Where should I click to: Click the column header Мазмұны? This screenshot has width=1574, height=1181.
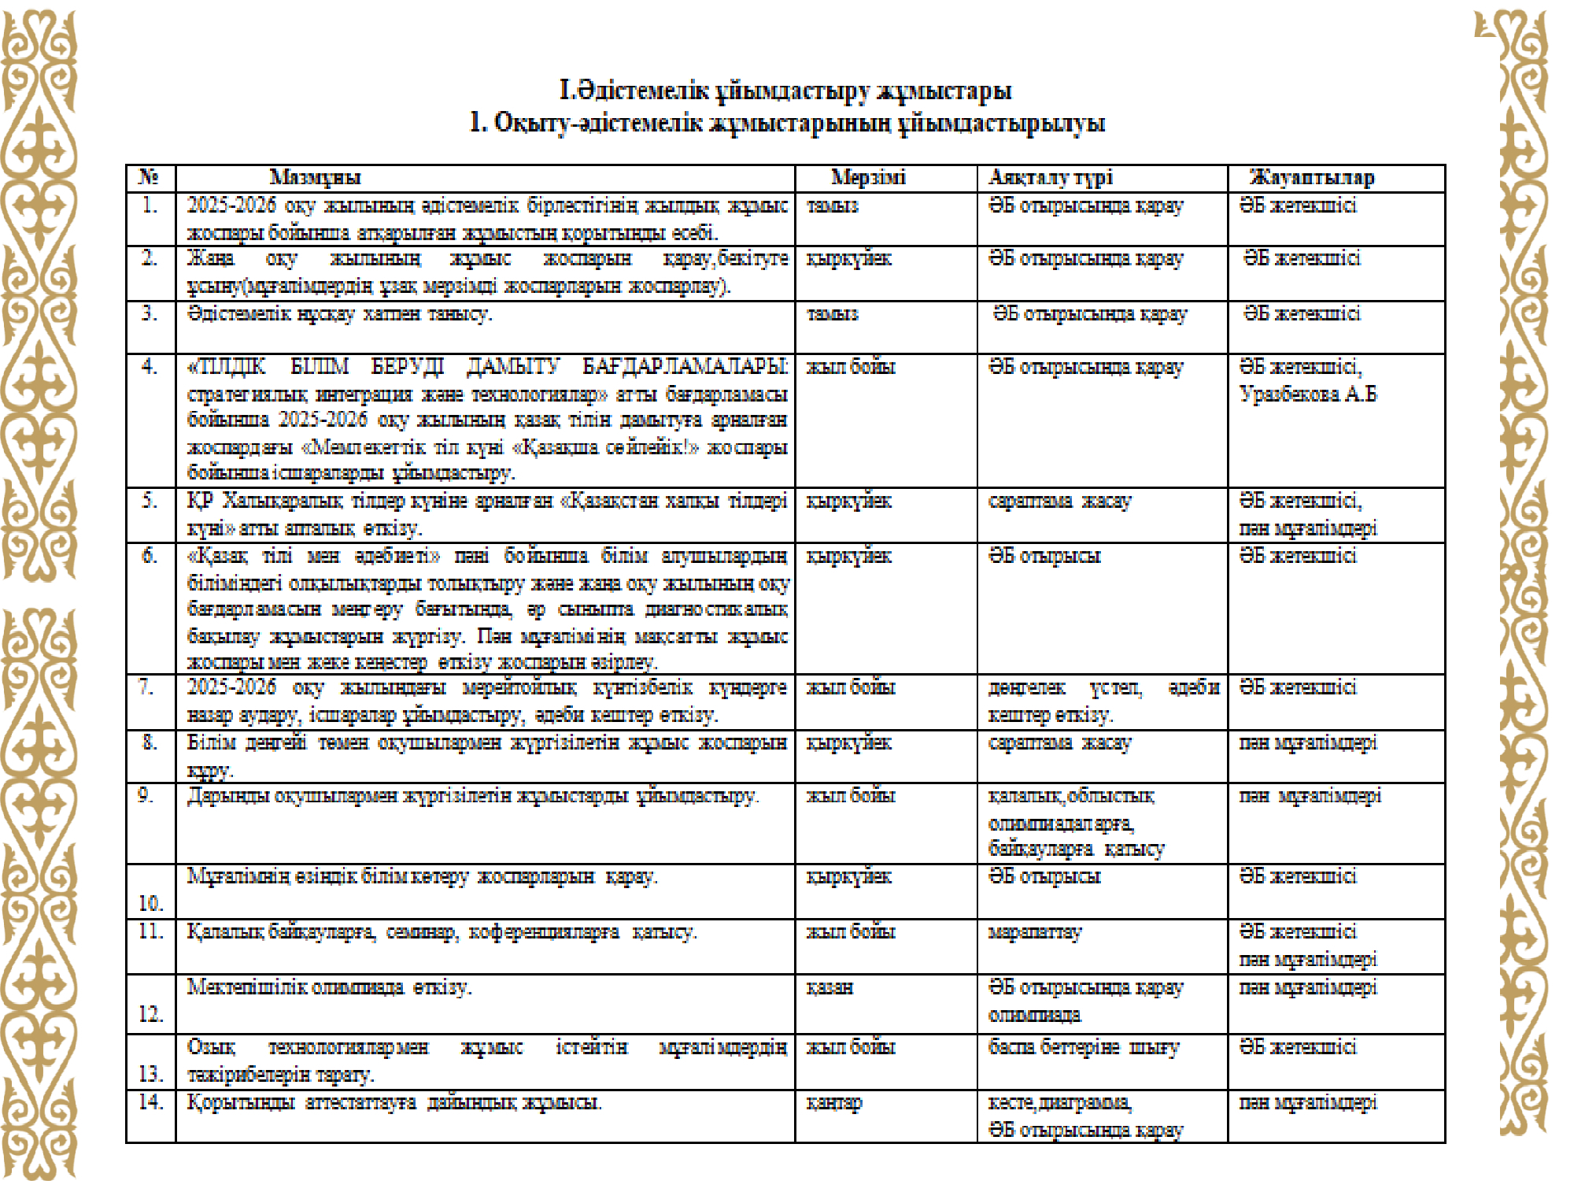pos(315,177)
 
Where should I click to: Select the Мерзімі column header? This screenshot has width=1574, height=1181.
pos(868,177)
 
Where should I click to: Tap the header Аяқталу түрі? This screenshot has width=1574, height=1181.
pos(1051,177)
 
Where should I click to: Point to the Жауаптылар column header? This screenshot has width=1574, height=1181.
pos(1312,177)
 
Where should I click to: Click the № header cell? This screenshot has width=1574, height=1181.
pos(149,177)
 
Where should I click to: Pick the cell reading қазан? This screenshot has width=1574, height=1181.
pos(829,987)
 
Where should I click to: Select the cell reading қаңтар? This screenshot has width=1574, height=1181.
pos(834,1102)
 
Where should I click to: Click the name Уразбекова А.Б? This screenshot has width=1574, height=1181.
pos(1308,394)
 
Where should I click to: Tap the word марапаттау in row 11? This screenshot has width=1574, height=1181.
pos(1035,932)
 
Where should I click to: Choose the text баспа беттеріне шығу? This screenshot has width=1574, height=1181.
pos(1084,1047)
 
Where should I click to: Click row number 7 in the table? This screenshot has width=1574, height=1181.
pos(147,687)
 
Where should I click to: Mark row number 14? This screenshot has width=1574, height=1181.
pos(150,1102)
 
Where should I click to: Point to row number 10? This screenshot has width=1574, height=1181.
pos(150,903)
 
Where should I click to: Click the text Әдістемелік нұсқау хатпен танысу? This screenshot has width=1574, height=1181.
pos(339,313)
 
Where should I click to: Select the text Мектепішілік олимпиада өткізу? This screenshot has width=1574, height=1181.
pos(329,987)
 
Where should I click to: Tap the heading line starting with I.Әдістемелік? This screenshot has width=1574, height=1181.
pos(785,91)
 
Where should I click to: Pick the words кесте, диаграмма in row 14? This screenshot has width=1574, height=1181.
pos(1060,1102)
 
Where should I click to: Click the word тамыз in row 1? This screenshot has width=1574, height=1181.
pos(833,205)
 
